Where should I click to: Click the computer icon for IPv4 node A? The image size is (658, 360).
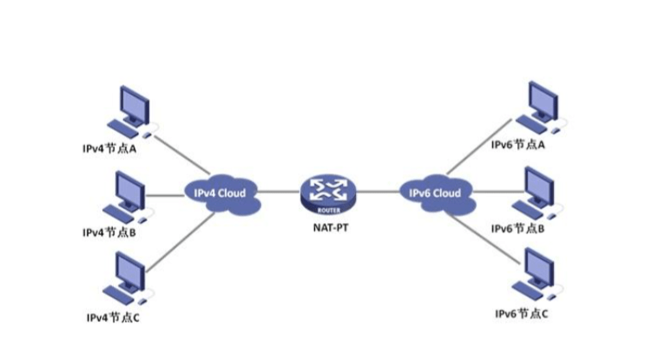click(130, 111)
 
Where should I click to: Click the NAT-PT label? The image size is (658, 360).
click(327, 231)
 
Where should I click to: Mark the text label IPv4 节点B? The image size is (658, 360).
click(111, 232)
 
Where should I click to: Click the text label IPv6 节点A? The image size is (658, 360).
click(518, 145)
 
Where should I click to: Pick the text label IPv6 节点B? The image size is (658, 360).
click(518, 228)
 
